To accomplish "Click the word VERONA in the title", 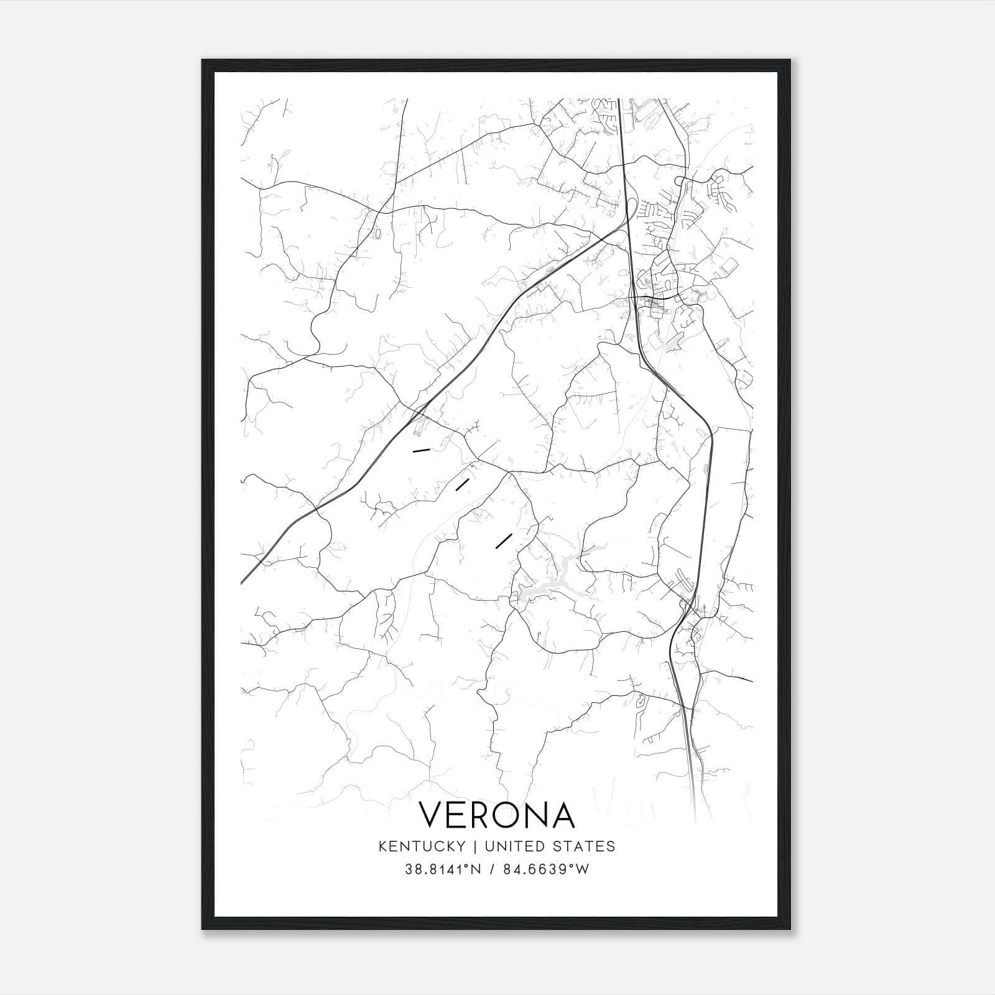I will click(496, 815).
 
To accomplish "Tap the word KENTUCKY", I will click(421, 846).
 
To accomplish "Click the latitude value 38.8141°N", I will click(443, 869).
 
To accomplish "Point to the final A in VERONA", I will click(562, 815).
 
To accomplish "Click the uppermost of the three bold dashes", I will click(422, 449).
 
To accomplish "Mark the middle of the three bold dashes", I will click(462, 484).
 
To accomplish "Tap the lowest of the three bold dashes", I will click(504, 540).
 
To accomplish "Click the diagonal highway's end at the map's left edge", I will click(242, 583).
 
